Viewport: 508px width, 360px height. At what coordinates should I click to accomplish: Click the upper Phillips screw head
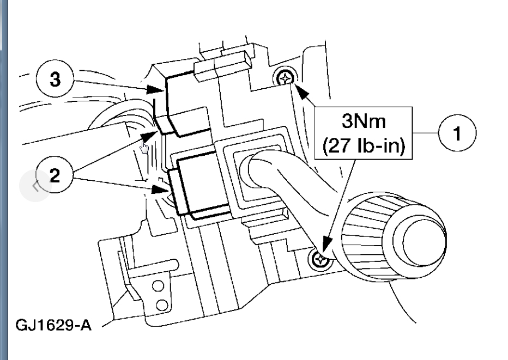285,80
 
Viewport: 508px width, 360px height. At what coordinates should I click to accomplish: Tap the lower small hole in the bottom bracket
162,303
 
